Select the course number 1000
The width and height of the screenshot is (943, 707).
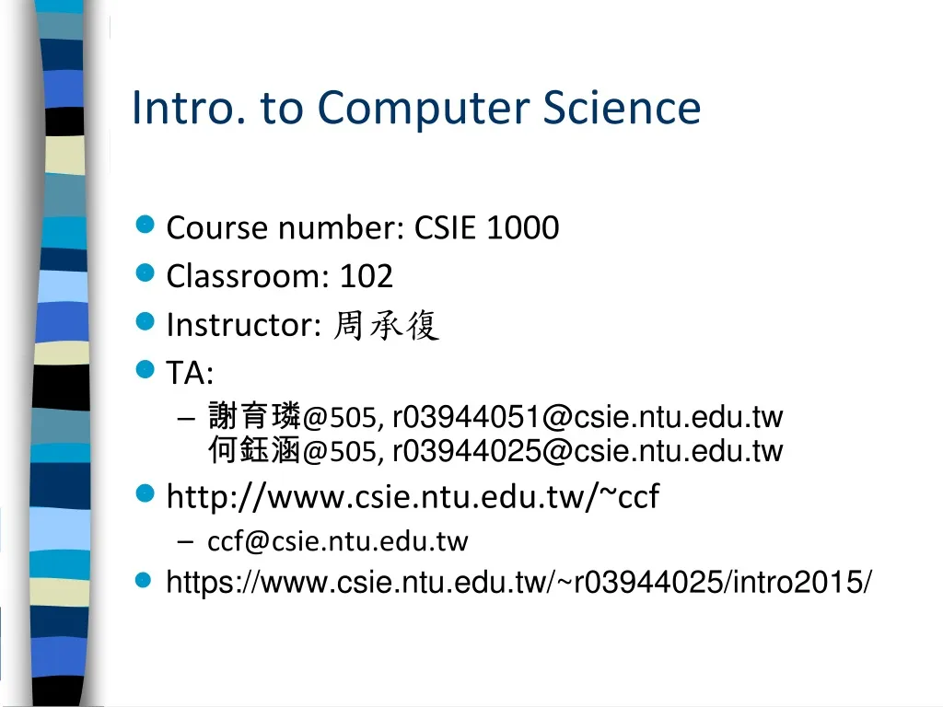[x=522, y=227]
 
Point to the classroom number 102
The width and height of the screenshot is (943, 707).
[x=366, y=275]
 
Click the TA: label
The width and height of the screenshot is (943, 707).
[x=190, y=373]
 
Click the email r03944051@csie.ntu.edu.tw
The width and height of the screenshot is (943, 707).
[x=588, y=417]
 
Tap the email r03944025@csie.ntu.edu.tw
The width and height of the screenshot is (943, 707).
[x=588, y=451]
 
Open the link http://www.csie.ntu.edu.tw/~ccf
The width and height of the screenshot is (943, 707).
[x=413, y=497]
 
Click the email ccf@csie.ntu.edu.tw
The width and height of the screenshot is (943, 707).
[x=338, y=541]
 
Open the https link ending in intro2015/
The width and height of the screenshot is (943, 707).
[x=519, y=582]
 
